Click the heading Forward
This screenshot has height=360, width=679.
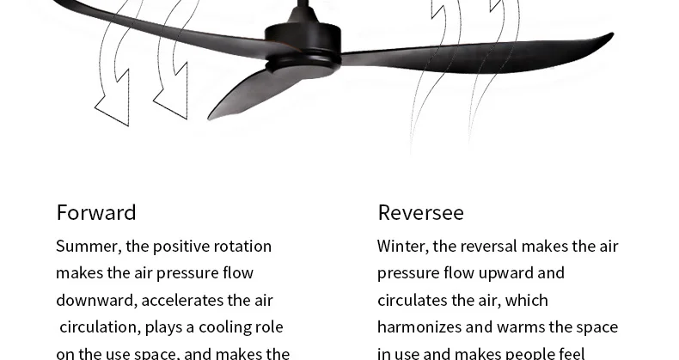(x=96, y=212)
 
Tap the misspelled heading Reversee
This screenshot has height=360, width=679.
(x=420, y=212)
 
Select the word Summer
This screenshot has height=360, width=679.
(x=88, y=247)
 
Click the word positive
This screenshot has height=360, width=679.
(x=185, y=247)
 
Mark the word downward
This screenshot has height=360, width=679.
(x=95, y=300)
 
